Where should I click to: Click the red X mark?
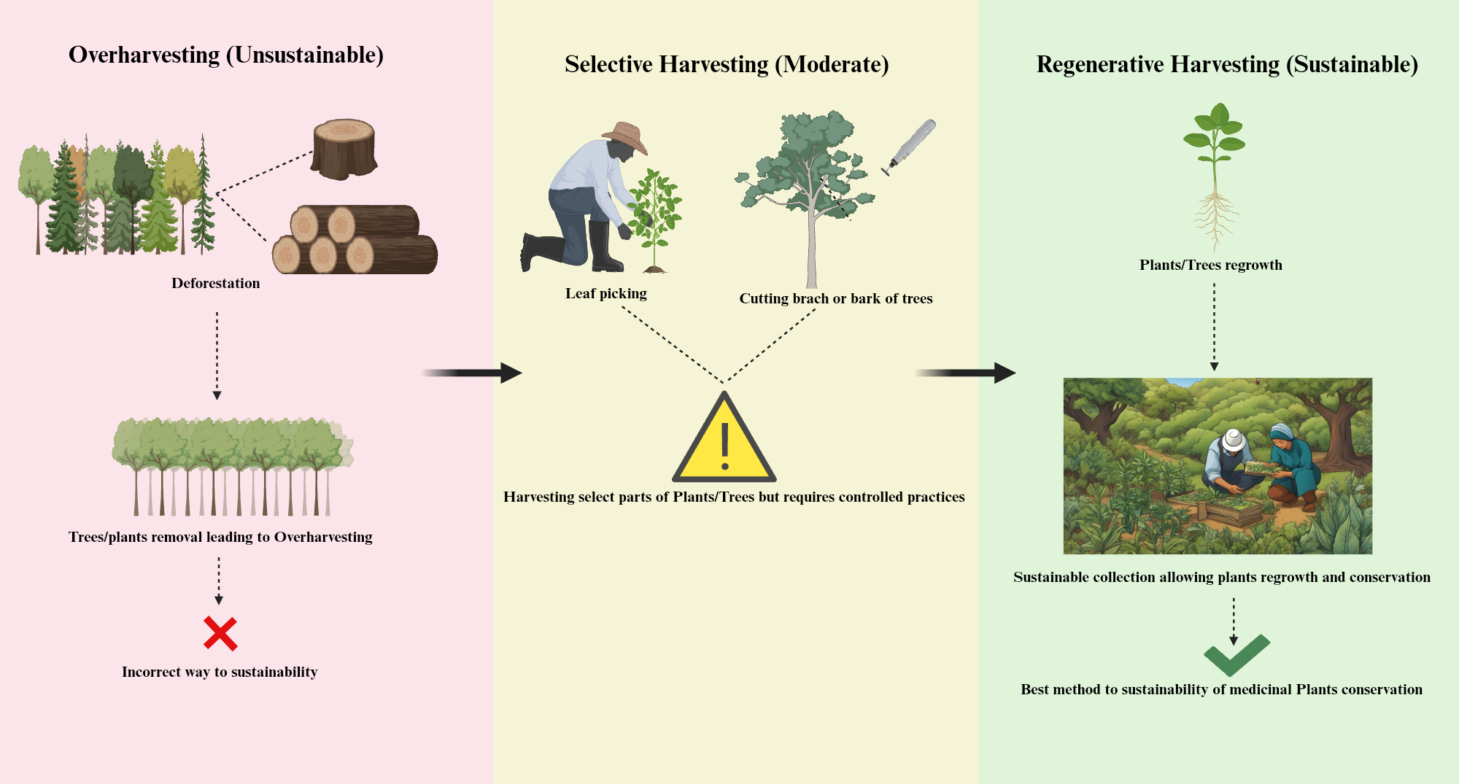[x=220, y=633]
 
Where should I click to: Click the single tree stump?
[x=344, y=150]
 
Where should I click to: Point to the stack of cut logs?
[x=355, y=241]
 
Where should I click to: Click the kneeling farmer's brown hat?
[x=627, y=136]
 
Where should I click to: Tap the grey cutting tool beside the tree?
[x=910, y=146]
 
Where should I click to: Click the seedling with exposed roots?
[x=1215, y=175]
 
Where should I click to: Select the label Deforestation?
[x=215, y=283]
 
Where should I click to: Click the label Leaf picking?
[x=605, y=293]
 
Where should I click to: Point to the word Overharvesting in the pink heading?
[x=144, y=55]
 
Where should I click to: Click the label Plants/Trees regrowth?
[x=1210, y=265]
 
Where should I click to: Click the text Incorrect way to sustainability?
[x=220, y=672]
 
